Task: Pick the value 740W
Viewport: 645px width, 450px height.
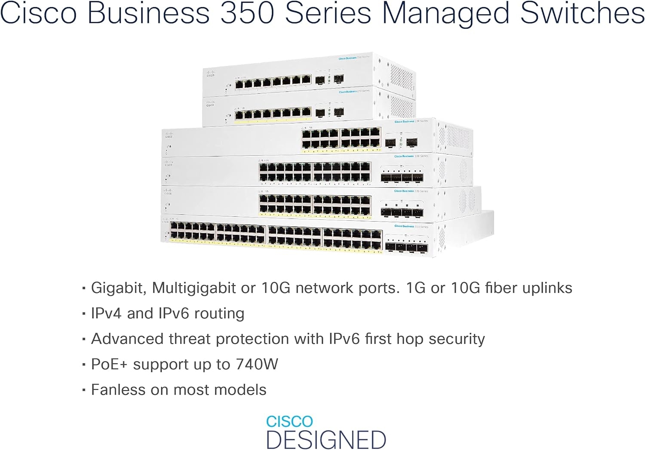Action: pyautogui.click(x=257, y=364)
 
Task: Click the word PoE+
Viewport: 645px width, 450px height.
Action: pyautogui.click(x=109, y=364)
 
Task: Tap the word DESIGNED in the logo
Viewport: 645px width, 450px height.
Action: pyautogui.click(x=326, y=440)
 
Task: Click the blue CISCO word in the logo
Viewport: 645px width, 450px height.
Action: pyautogui.click(x=289, y=422)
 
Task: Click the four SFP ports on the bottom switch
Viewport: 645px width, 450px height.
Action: pyautogui.click(x=406, y=247)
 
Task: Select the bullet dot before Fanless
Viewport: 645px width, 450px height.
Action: pyautogui.click(x=84, y=390)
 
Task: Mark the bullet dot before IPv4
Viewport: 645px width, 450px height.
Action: pyautogui.click(x=84, y=314)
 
